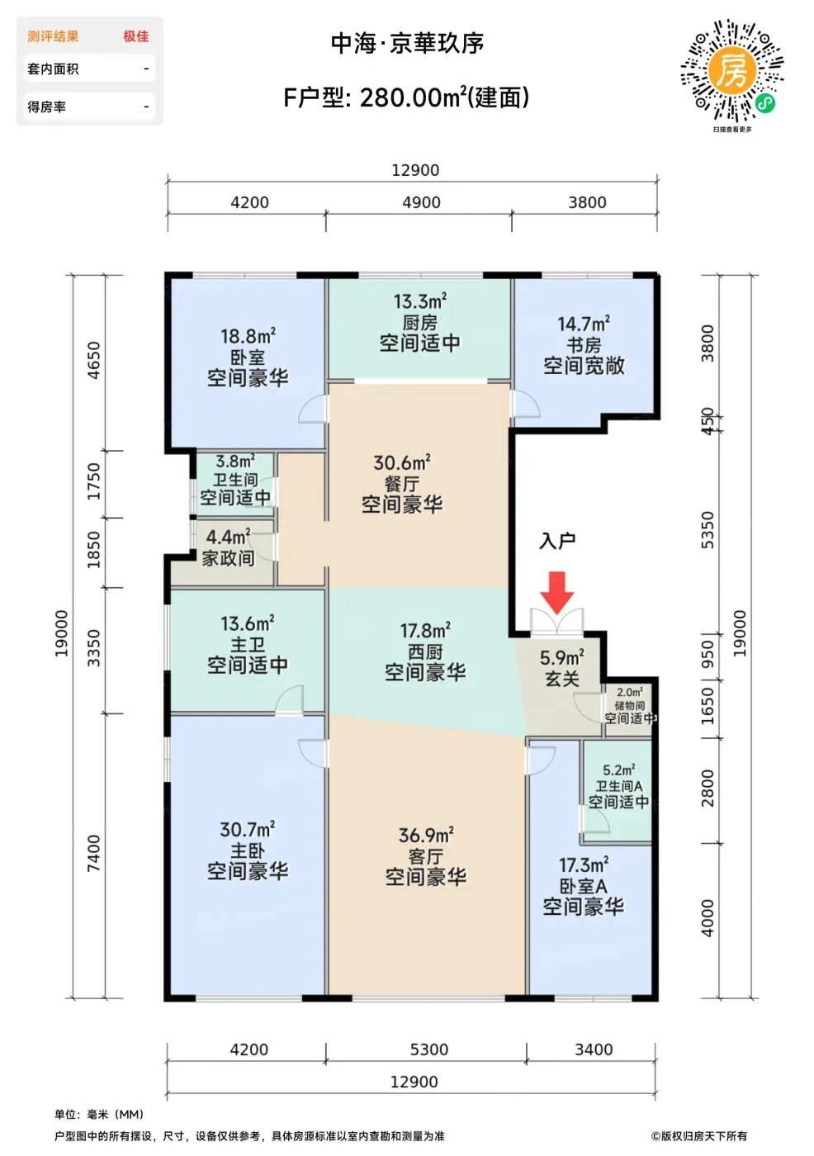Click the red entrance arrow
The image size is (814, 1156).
[x=556, y=593]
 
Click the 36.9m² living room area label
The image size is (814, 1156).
[x=426, y=836]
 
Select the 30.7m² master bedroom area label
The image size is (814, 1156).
[x=248, y=830]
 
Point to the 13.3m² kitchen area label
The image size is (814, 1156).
[x=420, y=301]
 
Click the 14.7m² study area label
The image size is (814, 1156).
[x=584, y=324]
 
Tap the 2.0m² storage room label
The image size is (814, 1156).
[x=630, y=693]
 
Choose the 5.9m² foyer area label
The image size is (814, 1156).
[x=562, y=658]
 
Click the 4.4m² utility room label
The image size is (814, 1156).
[x=229, y=538]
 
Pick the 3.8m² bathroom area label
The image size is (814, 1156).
[x=235, y=461]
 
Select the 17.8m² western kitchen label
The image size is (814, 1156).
[x=425, y=631]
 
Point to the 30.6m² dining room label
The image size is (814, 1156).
[x=402, y=463]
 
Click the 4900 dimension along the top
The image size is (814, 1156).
[x=421, y=202]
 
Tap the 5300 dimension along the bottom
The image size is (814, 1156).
[x=429, y=1049]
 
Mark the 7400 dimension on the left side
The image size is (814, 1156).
[x=93, y=854]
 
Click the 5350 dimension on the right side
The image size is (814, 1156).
[x=708, y=530]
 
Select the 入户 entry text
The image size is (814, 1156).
[x=557, y=541]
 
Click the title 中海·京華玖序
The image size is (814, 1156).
[x=408, y=43]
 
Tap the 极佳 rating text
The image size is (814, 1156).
[x=136, y=36]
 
